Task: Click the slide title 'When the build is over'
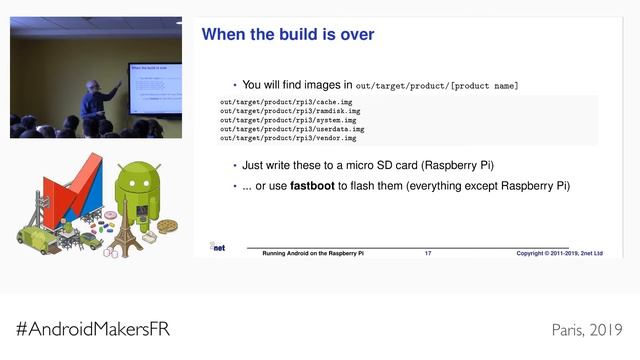pos(288,35)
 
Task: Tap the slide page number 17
pos(428,254)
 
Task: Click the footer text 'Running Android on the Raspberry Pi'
pos(313,254)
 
